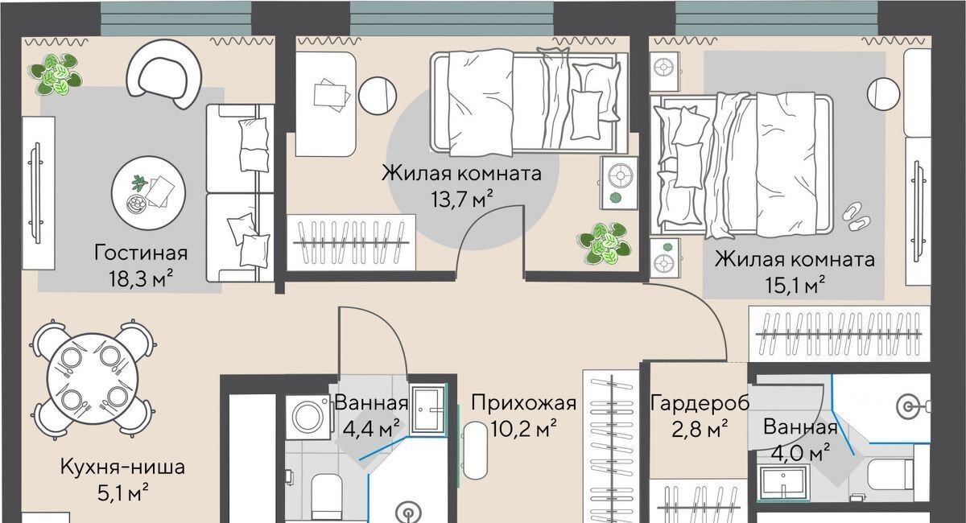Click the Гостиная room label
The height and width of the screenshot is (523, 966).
[x=141, y=253]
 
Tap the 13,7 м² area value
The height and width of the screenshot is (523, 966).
[x=462, y=200]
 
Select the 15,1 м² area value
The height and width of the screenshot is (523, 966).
[x=795, y=285]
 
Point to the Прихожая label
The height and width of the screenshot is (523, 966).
[x=523, y=402]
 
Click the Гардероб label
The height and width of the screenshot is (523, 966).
[x=700, y=403]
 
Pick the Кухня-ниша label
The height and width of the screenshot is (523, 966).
[x=122, y=467]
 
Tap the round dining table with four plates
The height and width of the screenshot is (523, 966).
[x=93, y=380]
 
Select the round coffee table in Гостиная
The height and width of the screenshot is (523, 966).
[x=149, y=193]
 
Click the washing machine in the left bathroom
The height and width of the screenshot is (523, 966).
[x=309, y=417]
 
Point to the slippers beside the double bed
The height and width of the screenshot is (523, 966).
[x=857, y=217]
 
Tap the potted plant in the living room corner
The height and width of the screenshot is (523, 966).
[x=56, y=74]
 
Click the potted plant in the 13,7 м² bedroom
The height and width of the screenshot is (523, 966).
[x=605, y=244]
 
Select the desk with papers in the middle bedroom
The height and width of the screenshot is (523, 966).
[x=325, y=104]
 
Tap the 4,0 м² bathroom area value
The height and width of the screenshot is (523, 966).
[x=800, y=454]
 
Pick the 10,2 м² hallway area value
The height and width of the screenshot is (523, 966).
[x=523, y=429]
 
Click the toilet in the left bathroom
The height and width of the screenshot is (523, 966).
[x=327, y=496]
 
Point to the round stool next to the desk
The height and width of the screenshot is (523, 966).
[x=378, y=96]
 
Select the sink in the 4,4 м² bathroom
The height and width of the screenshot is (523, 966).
[x=427, y=410]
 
